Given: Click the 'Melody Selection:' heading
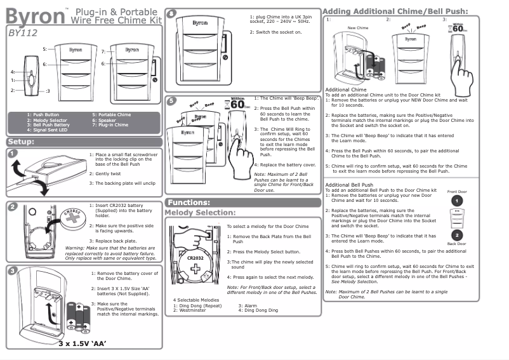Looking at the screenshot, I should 200,212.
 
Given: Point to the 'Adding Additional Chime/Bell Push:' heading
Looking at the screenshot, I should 395,11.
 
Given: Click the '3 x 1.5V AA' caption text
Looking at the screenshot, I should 82,343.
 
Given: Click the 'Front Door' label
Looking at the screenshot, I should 457,191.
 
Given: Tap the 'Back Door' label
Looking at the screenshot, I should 457,244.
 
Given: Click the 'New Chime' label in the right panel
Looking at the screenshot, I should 358,29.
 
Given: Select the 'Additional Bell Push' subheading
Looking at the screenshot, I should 349,185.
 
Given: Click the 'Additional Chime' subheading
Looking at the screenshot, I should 345,90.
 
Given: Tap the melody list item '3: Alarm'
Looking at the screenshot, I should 249,305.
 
